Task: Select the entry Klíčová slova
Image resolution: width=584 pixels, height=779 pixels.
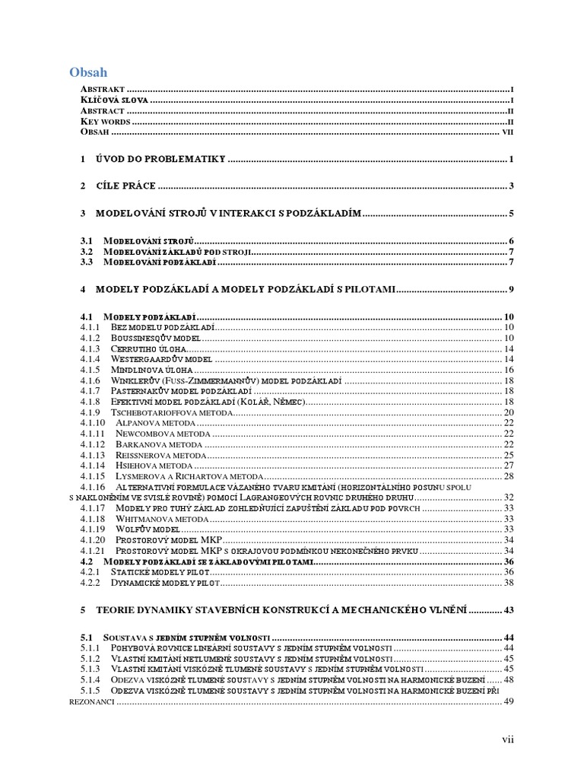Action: tap(113, 100)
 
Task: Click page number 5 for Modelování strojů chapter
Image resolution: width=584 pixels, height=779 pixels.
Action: tap(513, 214)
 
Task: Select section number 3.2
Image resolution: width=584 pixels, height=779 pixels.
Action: tap(87, 252)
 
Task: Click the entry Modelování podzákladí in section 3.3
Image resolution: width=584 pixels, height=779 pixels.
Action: tap(160, 262)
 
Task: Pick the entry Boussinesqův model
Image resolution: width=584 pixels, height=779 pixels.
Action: tap(155, 338)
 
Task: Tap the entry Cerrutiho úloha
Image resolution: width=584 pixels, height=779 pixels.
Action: tap(148, 348)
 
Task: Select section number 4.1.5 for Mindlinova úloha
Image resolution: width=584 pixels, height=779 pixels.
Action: tap(90, 370)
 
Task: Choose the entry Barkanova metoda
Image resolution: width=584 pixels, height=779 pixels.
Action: tap(159, 444)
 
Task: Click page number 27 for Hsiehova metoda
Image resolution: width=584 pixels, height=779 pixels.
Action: tap(509, 466)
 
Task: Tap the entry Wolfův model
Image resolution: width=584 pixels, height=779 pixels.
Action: tap(148, 529)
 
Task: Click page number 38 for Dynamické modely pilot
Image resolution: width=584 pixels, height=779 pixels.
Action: tap(509, 582)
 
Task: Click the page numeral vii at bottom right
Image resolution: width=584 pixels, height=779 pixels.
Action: tap(508, 739)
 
